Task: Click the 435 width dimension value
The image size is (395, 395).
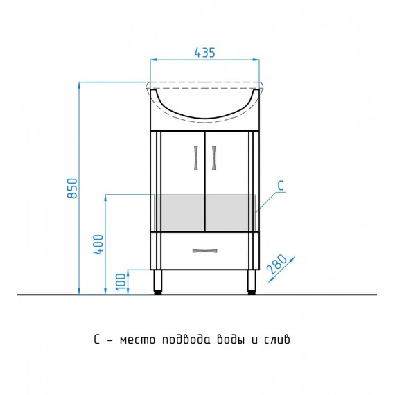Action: (205, 53)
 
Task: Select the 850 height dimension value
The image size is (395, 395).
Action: (72, 188)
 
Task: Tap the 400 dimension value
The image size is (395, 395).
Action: (98, 245)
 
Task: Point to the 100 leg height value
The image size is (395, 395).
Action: (121, 281)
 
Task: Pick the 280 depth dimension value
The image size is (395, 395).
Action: (276, 264)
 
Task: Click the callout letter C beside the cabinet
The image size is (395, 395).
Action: (281, 186)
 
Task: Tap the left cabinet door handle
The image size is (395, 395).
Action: (196, 158)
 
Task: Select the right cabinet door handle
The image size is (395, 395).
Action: (213, 158)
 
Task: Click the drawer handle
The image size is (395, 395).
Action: (205, 251)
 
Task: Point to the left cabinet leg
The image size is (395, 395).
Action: (158, 281)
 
